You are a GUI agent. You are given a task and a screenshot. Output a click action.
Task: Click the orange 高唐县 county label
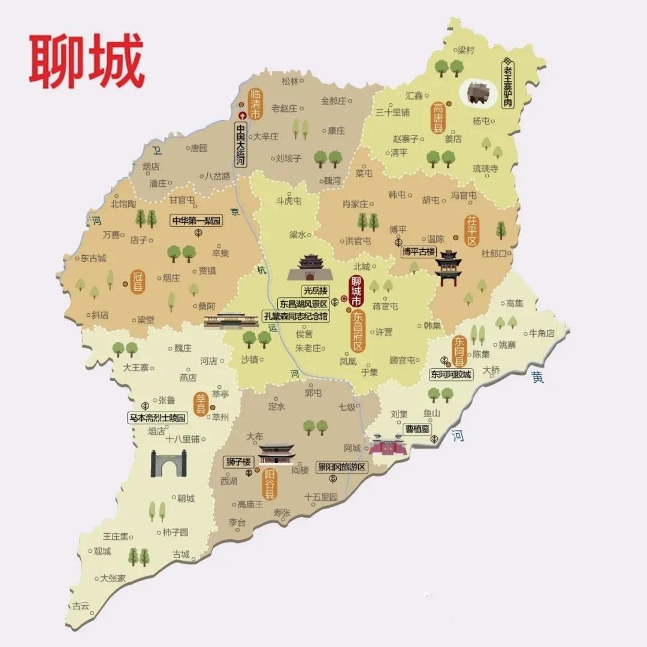tap(438, 117)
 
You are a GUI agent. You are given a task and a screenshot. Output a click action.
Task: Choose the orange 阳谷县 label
tap(270, 483)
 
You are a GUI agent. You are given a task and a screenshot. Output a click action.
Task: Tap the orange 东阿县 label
tap(459, 350)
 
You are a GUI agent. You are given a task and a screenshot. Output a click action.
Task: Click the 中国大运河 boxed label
tap(240, 144)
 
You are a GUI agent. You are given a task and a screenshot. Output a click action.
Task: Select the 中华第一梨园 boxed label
tap(196, 220)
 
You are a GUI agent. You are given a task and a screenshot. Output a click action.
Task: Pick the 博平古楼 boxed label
tap(418, 252)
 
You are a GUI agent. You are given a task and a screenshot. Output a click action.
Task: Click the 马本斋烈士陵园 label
tap(158, 418)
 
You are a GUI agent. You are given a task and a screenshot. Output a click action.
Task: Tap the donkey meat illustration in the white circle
tap(478, 92)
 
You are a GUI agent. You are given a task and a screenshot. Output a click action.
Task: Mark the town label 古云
tap(80, 606)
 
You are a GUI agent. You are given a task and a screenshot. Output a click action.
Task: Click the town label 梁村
tap(465, 50)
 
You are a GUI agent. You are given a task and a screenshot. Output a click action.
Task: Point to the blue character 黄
tap(537, 377)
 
